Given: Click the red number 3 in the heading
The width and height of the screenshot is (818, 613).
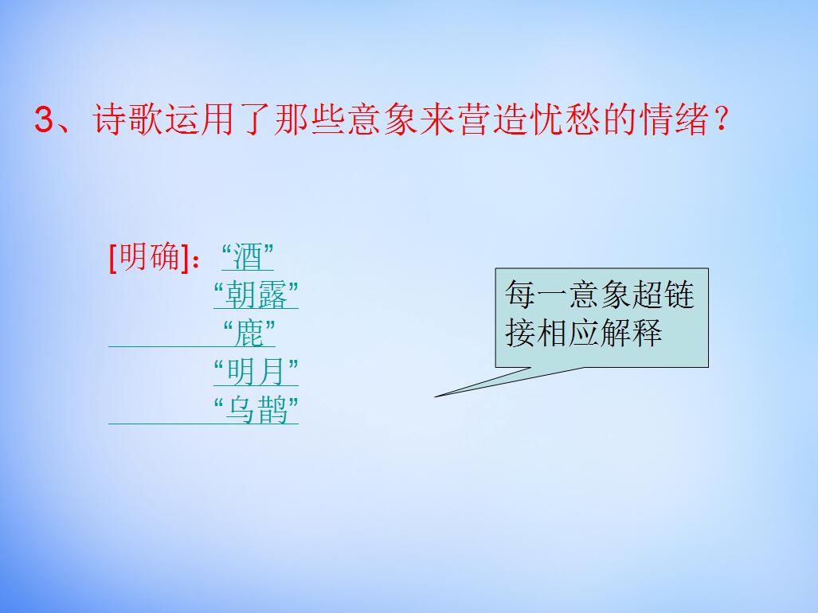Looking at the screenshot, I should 44,122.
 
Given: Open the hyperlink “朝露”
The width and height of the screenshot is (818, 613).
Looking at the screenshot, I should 256,295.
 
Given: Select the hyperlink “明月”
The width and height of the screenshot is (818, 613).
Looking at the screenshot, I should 256,372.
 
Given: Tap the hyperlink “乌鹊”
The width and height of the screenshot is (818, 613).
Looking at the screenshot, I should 256,411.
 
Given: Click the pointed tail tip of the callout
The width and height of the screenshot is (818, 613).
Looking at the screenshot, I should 436,395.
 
